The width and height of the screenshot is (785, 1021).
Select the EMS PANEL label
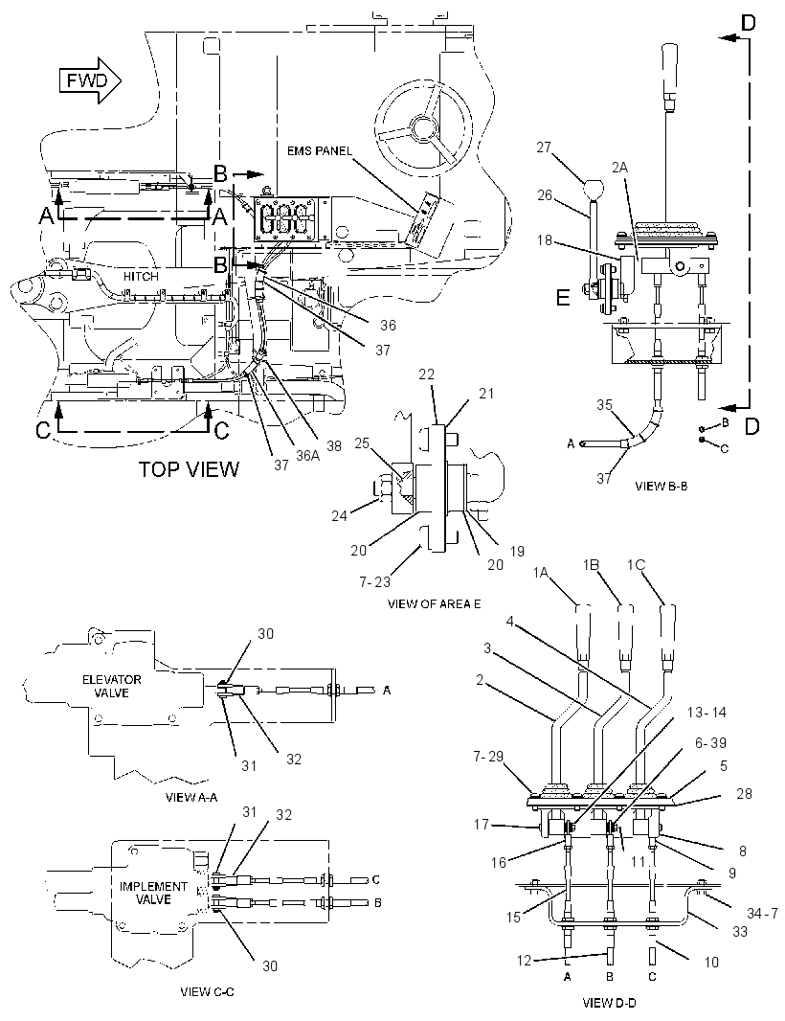pos(320,151)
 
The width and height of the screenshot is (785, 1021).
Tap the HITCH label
pos(141,276)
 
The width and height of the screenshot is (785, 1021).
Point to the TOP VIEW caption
pos(189,468)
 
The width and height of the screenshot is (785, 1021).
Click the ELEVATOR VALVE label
pos(111,687)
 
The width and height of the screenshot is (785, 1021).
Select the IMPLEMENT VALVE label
pos(153,893)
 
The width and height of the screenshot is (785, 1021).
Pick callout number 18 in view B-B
pos(544,240)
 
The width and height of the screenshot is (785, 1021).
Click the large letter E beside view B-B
pos(563,298)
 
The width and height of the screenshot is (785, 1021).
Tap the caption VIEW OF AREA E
pos(435,603)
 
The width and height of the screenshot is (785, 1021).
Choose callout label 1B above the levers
pos(591,565)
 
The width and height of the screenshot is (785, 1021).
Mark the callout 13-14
pos(706,713)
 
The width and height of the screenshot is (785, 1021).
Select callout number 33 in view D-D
pos(740,932)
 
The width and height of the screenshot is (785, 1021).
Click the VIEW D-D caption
pos(609,1003)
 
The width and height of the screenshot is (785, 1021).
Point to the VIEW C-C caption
pos(207,991)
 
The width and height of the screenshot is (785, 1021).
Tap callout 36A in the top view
pos(308,456)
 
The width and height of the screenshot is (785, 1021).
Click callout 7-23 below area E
pos(375,581)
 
